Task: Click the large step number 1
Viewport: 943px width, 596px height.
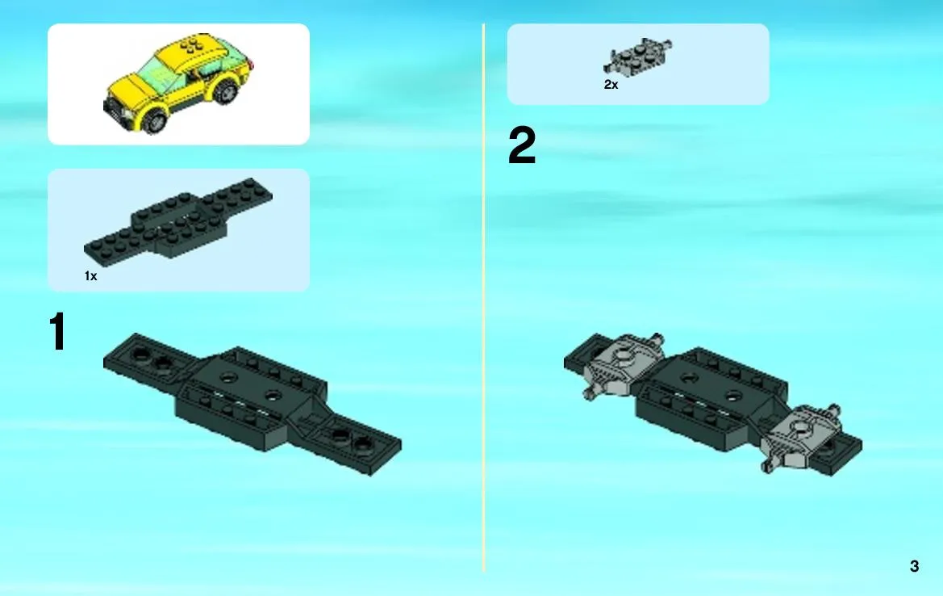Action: pyautogui.click(x=58, y=331)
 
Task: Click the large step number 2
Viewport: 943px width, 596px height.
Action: pyautogui.click(x=521, y=145)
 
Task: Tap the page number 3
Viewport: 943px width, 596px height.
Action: pyautogui.click(x=914, y=566)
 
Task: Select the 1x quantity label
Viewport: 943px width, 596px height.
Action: pyautogui.click(x=91, y=275)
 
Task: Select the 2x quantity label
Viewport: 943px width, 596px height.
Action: pyautogui.click(x=611, y=84)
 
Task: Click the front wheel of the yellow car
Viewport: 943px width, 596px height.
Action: pyautogui.click(x=155, y=120)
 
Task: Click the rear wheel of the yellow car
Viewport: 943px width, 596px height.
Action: pyautogui.click(x=226, y=92)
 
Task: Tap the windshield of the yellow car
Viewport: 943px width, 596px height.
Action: pyautogui.click(x=157, y=73)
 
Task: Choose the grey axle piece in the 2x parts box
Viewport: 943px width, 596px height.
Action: pyautogui.click(x=638, y=58)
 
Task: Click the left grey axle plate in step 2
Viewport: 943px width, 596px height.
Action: pyautogui.click(x=623, y=365)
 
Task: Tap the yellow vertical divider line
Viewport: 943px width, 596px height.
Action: pyautogui.click(x=483, y=297)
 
